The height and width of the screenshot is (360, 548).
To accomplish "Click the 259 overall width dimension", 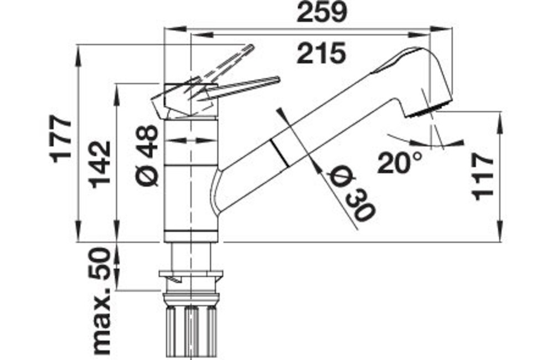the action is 322,12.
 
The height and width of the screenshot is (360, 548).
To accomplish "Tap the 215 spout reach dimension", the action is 321,53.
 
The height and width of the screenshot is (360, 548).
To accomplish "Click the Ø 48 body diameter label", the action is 147,155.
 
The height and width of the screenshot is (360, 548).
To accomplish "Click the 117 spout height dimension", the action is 483,177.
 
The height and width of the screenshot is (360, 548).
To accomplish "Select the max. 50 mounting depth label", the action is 101,301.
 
